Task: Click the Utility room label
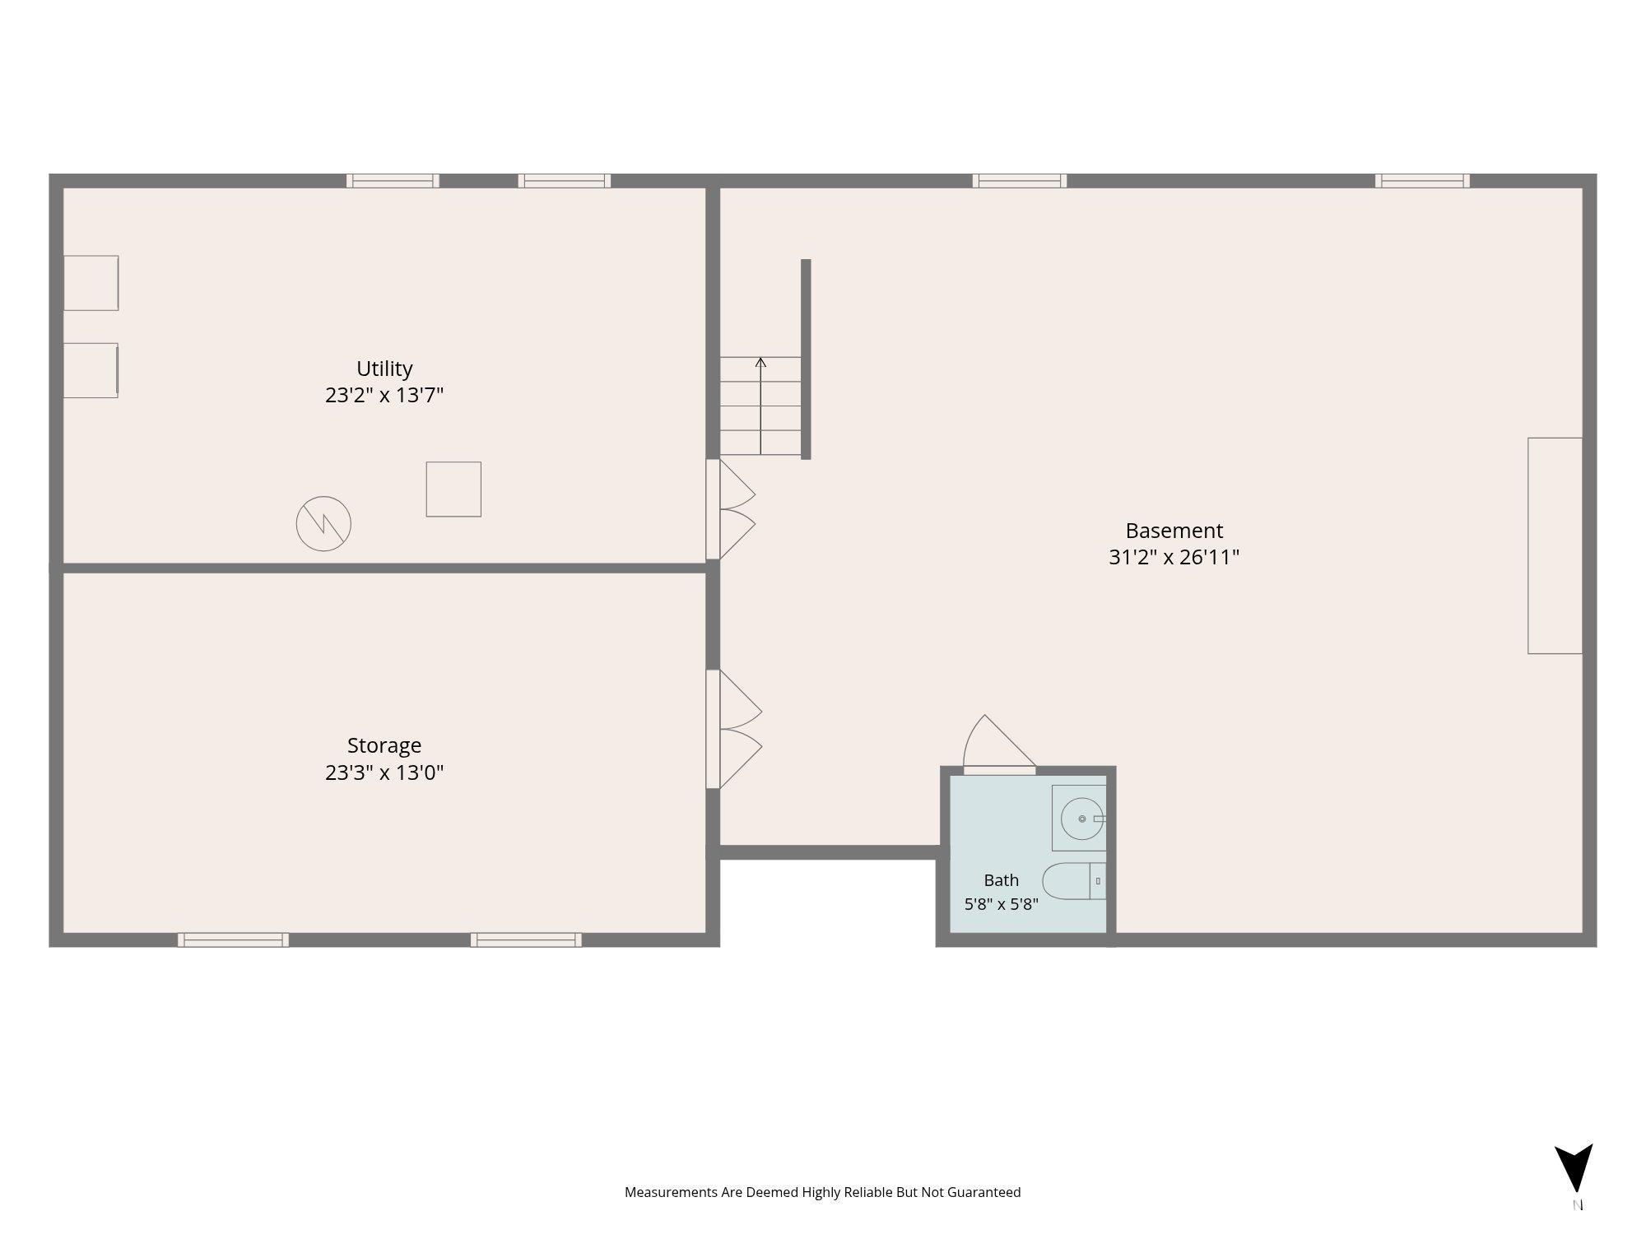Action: (384, 369)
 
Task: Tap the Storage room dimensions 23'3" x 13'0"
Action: (384, 772)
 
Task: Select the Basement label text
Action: (1174, 531)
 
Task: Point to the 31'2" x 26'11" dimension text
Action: (1174, 557)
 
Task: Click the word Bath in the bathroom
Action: (1001, 880)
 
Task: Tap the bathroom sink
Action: (1079, 818)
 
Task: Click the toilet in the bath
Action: (1074, 881)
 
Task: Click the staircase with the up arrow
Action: (760, 406)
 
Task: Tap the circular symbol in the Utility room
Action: (323, 523)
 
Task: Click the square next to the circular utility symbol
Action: (453, 489)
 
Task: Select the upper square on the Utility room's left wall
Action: (91, 283)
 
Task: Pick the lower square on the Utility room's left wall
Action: (91, 370)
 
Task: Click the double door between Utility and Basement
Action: (731, 509)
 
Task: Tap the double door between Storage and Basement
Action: (734, 729)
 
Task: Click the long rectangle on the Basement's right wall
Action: (1555, 545)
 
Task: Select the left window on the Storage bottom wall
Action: (233, 939)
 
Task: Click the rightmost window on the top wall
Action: (1422, 181)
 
